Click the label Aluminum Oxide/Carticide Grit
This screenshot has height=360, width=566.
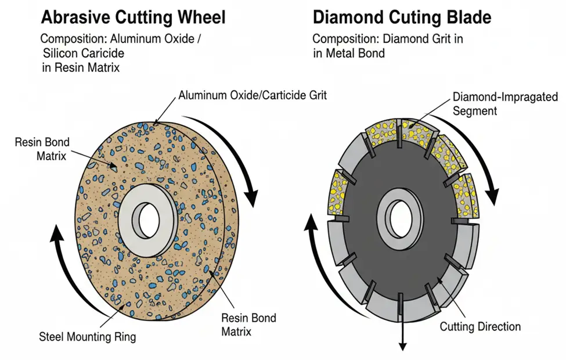(253, 95)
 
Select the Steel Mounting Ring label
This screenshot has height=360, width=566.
(87, 337)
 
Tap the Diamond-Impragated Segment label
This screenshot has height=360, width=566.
(506, 103)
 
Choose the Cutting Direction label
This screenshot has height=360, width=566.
(480, 327)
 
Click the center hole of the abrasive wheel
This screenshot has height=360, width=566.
(149, 220)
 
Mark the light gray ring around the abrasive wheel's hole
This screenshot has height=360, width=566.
(147, 221)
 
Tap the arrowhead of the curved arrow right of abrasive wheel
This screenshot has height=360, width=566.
(251, 197)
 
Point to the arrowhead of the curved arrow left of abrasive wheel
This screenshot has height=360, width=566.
(57, 232)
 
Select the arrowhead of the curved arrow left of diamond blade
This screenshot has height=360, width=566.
(311, 222)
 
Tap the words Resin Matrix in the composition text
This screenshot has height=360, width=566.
(87, 68)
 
